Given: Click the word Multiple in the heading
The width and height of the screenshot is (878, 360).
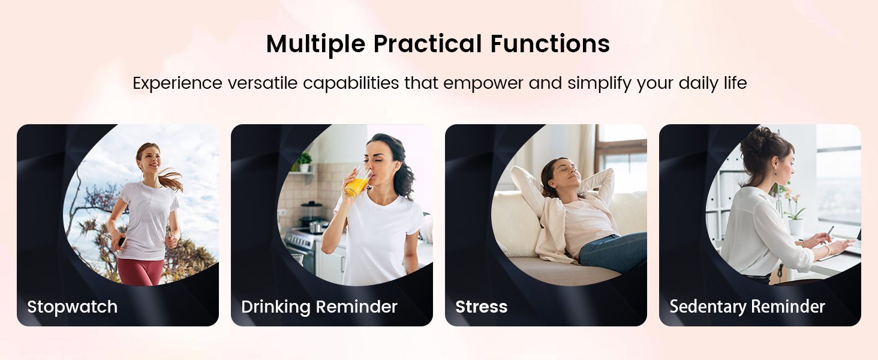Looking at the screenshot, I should pos(315,44).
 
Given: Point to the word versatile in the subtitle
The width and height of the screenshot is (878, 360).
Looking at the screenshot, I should pos(261,83).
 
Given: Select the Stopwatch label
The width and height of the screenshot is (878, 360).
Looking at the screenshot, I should pos(72,307).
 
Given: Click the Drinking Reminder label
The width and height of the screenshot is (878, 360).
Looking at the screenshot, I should pos(319,307).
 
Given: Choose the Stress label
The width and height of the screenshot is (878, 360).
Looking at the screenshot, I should pos(481,307).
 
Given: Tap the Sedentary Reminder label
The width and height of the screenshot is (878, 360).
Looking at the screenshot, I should pos(747,307).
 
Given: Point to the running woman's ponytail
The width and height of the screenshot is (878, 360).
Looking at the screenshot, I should pos(171,179).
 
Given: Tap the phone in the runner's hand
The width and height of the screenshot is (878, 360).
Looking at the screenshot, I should pos(121,241).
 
